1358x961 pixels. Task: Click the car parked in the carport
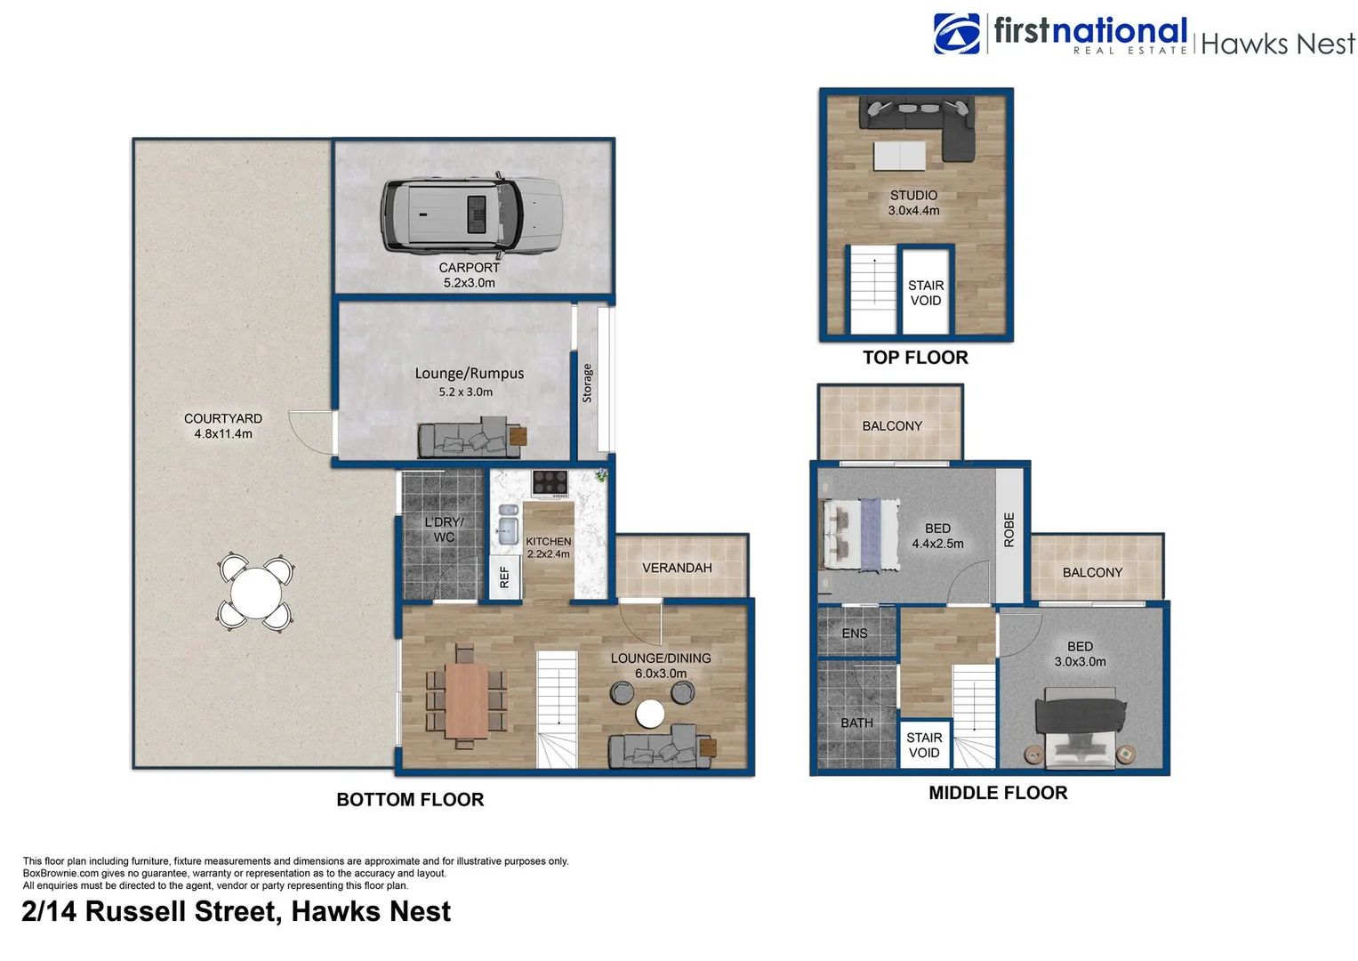click(471, 214)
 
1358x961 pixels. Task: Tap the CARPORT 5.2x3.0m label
click(469, 275)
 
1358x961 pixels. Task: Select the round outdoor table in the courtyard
click(256, 593)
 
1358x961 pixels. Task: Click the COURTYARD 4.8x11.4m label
click(223, 426)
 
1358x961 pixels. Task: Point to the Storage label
click(587, 384)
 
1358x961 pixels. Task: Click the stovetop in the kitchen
click(550, 482)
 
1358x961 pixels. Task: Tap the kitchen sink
click(508, 525)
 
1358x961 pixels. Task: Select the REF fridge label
click(504, 577)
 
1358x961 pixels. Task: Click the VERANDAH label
click(677, 568)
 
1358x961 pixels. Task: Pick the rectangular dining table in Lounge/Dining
click(466, 700)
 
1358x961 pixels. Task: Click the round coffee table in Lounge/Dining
click(650, 713)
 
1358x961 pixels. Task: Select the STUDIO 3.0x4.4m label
click(913, 203)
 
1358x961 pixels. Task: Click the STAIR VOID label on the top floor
click(925, 293)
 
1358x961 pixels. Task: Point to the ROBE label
click(1008, 529)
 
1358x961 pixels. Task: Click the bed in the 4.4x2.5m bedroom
click(859, 534)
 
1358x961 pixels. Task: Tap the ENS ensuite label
click(854, 634)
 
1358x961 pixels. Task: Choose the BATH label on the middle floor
click(856, 723)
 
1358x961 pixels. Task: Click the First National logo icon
click(956, 34)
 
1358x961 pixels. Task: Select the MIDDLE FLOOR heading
click(997, 793)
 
